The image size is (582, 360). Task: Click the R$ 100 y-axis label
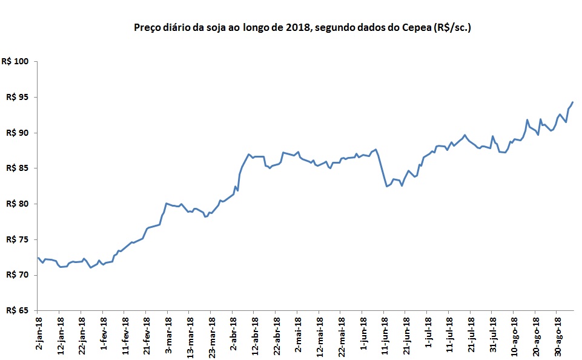[x=16, y=62]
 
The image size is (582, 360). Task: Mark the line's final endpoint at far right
[x=573, y=102]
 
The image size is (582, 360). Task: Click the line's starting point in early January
[x=38, y=258]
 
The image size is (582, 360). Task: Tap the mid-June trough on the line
[x=387, y=186]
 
